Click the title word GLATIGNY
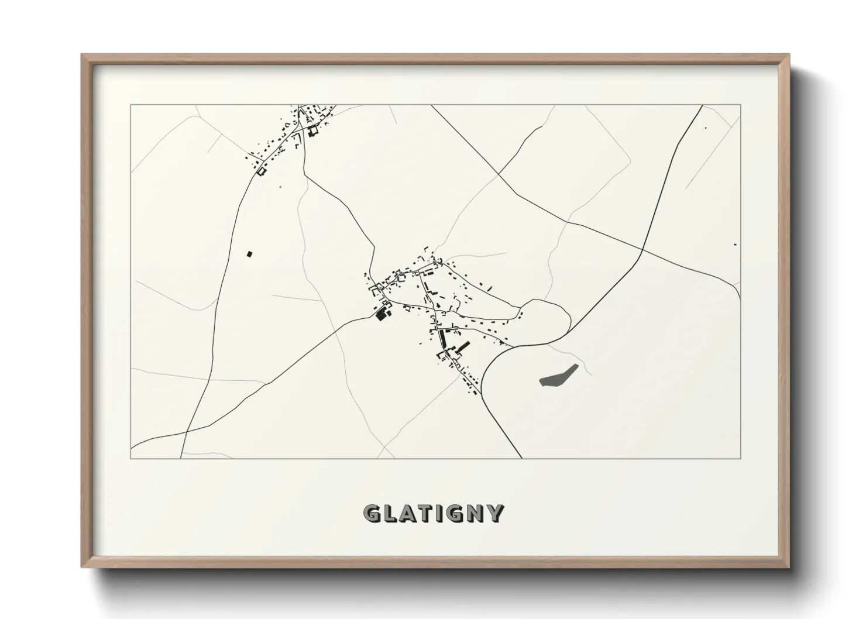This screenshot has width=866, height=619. [433, 513]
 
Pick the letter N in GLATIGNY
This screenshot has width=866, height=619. [476, 513]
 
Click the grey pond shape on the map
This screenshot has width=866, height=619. [558, 375]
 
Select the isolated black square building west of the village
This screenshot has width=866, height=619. [249, 254]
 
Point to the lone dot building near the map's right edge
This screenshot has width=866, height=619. [735, 245]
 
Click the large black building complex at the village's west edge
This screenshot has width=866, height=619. [383, 312]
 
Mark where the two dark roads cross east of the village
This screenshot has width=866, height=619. [642, 250]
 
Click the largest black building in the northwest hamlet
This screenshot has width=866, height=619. [313, 131]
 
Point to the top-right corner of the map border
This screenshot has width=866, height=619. [740, 105]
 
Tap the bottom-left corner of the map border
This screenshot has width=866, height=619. [131, 458]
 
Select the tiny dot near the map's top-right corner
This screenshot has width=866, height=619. [705, 128]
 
